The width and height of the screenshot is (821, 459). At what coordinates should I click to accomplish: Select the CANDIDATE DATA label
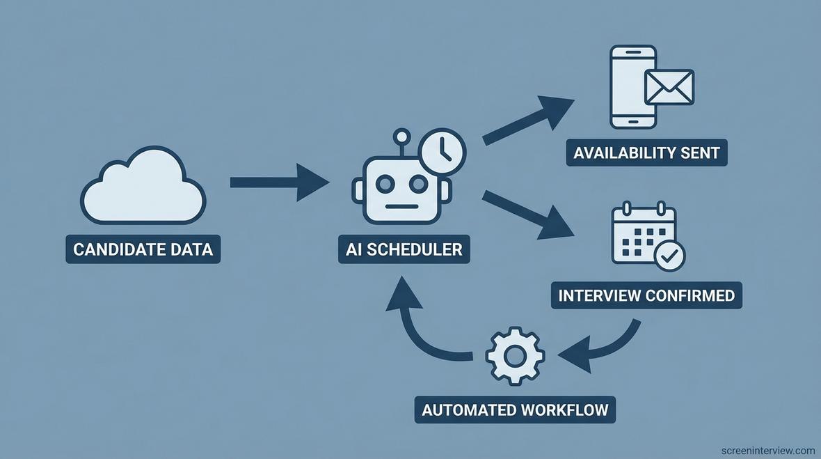pos(143,249)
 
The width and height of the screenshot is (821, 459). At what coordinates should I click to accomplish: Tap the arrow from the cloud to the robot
pos(278,182)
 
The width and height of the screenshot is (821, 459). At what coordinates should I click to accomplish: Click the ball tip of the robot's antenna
pos(401,136)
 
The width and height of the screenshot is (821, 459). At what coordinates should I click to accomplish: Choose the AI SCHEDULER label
pos(404,249)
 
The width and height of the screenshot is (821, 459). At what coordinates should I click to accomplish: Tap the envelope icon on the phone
pos(669,87)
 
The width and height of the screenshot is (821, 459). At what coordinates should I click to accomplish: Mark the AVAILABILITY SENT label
pos(646,152)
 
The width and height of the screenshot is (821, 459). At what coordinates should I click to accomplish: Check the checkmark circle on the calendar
pos(670,256)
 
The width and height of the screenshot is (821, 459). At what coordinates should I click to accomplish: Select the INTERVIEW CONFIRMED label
pos(646,295)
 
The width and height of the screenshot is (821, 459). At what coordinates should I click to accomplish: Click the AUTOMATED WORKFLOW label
pos(515,409)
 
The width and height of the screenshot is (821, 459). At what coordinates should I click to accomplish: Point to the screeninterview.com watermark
pos(768,451)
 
